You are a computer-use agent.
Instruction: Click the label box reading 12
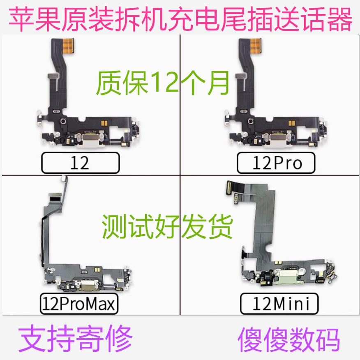click(80, 163)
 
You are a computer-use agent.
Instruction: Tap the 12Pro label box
click(275, 163)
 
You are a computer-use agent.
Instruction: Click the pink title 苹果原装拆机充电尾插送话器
click(180, 18)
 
